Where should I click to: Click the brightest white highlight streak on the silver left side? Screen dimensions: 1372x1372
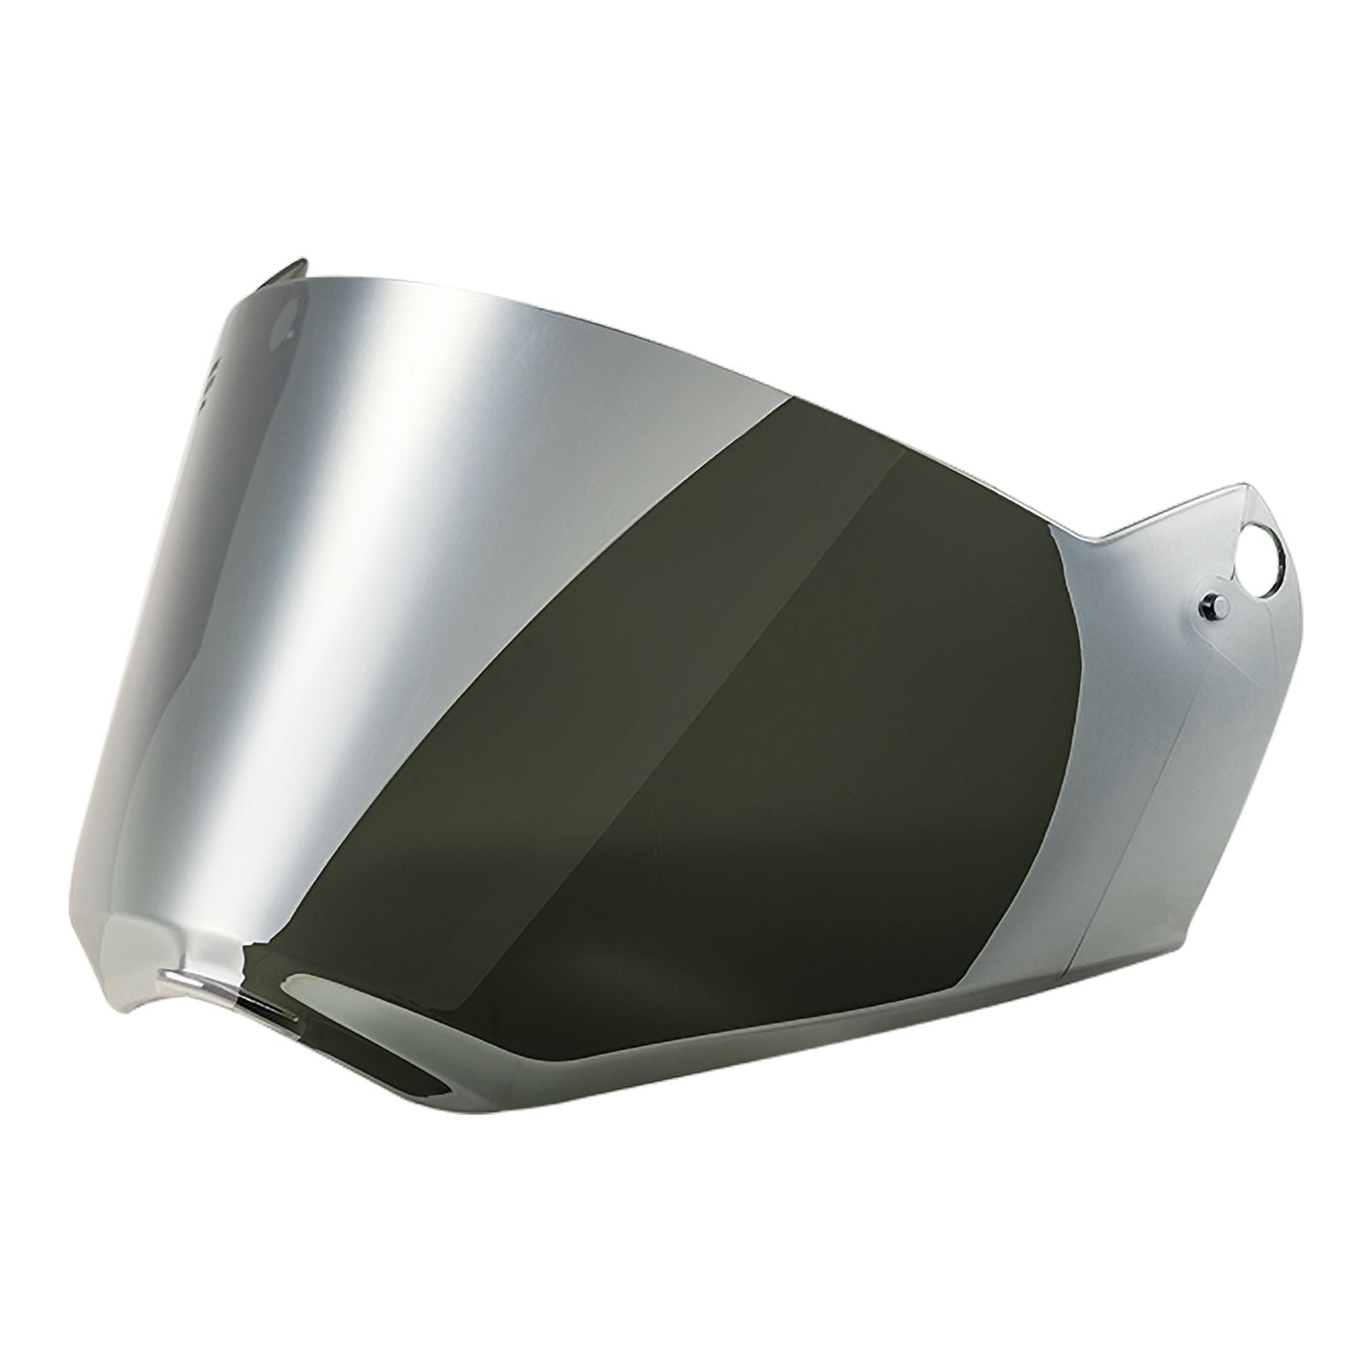click(429, 514)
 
